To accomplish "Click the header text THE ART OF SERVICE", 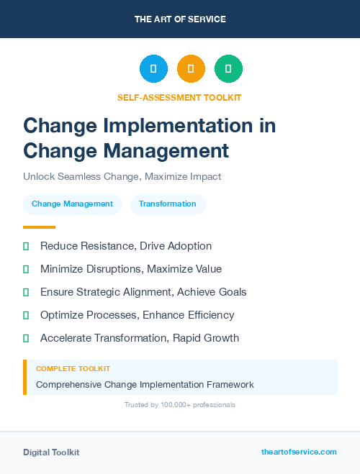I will (180, 19).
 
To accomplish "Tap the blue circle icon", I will (153, 69).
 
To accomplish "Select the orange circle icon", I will (191, 69).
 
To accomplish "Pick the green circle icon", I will (228, 69).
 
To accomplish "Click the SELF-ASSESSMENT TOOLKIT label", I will (179, 97).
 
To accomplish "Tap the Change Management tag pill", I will (72, 204).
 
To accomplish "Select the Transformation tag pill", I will (168, 204).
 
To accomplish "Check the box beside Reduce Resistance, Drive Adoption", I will (26, 246).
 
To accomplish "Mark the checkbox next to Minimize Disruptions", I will (26, 269).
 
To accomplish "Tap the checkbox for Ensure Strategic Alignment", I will (26, 292).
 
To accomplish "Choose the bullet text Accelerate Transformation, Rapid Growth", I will (140, 338).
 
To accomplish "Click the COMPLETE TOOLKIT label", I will (73, 368).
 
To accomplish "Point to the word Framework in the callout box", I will (228, 384).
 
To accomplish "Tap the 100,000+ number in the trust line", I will (171, 405).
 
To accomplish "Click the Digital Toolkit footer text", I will (51, 452).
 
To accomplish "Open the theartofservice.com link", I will (299, 452).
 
